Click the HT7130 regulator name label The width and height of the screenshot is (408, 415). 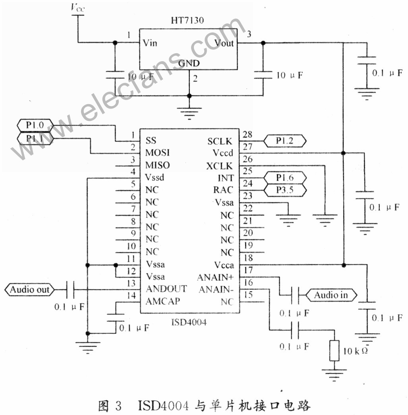(x=188, y=20)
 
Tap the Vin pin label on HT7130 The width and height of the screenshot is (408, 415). (x=150, y=43)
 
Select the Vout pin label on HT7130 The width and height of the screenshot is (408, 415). (x=224, y=43)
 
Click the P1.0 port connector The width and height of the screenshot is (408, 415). (x=35, y=125)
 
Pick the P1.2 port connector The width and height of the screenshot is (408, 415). (x=285, y=141)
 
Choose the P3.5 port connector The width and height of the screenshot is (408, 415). (x=285, y=190)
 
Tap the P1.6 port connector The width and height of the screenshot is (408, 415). (x=285, y=178)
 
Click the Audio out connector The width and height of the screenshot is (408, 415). (x=29, y=289)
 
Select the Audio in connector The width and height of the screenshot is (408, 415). (x=331, y=295)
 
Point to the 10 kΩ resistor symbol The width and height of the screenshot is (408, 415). (x=334, y=351)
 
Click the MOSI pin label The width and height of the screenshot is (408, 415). (x=157, y=153)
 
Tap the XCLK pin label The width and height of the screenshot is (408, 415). (x=220, y=166)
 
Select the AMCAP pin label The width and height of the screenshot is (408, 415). (x=163, y=301)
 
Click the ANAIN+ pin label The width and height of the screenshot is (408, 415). (x=215, y=277)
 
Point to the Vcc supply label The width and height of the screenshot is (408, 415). (x=78, y=8)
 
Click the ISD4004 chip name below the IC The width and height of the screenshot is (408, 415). (x=189, y=322)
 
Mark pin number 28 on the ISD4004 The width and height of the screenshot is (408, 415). (x=248, y=134)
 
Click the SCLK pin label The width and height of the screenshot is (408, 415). (x=220, y=142)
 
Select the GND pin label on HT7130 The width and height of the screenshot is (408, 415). (x=189, y=63)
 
